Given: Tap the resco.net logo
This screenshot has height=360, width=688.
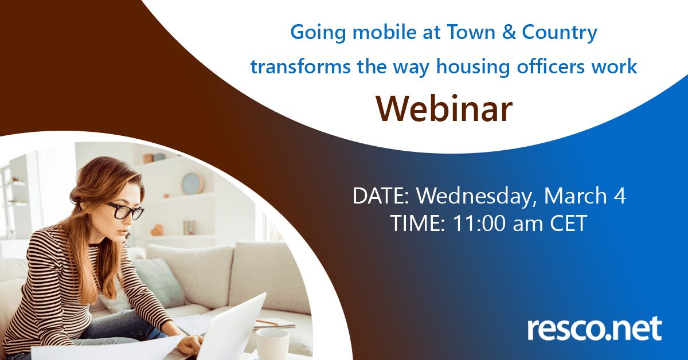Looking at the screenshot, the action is pyautogui.click(x=595, y=328).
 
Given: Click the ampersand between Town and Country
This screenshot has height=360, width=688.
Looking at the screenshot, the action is pyautogui.click(x=509, y=32).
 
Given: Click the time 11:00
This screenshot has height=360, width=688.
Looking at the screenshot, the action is pyautogui.click(x=478, y=224).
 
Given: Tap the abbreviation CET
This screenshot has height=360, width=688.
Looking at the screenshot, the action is pyautogui.click(x=568, y=224).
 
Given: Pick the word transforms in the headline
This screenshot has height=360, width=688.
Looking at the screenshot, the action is pyautogui.click(x=300, y=66).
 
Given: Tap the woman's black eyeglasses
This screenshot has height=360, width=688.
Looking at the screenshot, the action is pyautogui.click(x=125, y=211).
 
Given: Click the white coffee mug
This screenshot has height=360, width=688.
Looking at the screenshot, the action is pyautogui.click(x=272, y=342).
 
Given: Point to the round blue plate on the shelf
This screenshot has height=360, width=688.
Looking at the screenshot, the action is pyautogui.click(x=192, y=183).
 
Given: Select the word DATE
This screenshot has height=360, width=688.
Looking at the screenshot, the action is pyautogui.click(x=381, y=196).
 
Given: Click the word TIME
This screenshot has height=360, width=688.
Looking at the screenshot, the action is pyautogui.click(x=419, y=224).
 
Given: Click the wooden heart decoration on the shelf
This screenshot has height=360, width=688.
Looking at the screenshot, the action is pyautogui.click(x=157, y=230).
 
